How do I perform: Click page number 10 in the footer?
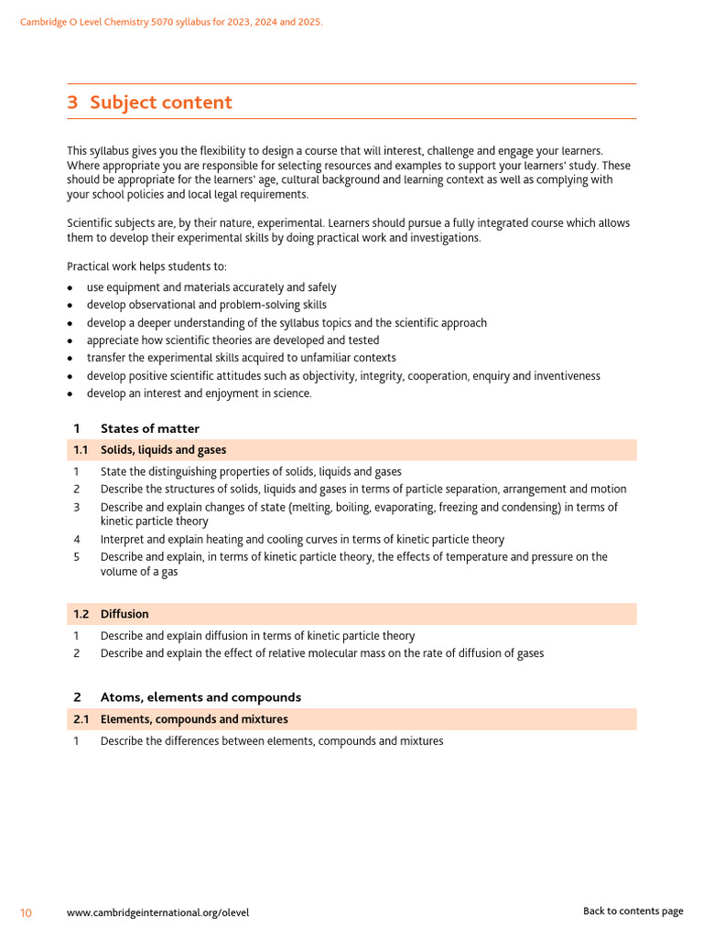tap(27, 912)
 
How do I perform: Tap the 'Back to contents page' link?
tap(633, 911)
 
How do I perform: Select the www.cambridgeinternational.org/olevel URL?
tap(157, 912)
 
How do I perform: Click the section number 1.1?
tap(81, 450)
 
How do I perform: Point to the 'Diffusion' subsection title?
tap(124, 614)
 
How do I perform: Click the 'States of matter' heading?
tap(150, 428)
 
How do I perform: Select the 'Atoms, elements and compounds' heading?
tap(200, 697)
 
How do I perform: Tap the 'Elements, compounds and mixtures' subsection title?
tap(194, 719)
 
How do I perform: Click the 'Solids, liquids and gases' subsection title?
tap(163, 450)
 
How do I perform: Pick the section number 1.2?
tap(81, 614)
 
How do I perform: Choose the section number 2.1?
tap(81, 719)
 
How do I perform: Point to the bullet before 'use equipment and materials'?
tap(70, 288)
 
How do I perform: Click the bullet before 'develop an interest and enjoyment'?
tap(70, 394)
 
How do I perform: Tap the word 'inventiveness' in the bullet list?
tap(565, 376)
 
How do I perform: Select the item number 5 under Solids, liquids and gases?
tap(77, 557)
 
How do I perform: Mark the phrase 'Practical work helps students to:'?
tap(146, 266)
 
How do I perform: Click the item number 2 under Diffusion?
tap(77, 653)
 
